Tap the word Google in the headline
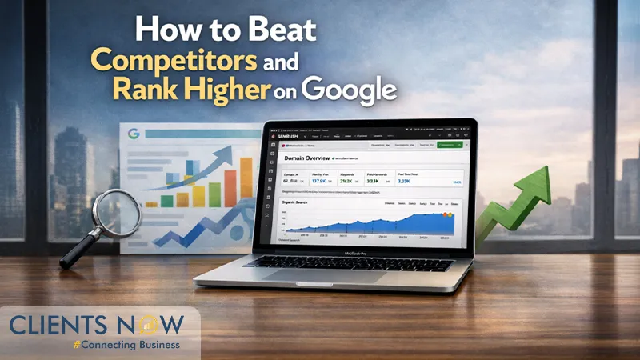pyautogui.click(x=354, y=90)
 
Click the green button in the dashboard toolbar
pyautogui.click(x=451, y=146)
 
